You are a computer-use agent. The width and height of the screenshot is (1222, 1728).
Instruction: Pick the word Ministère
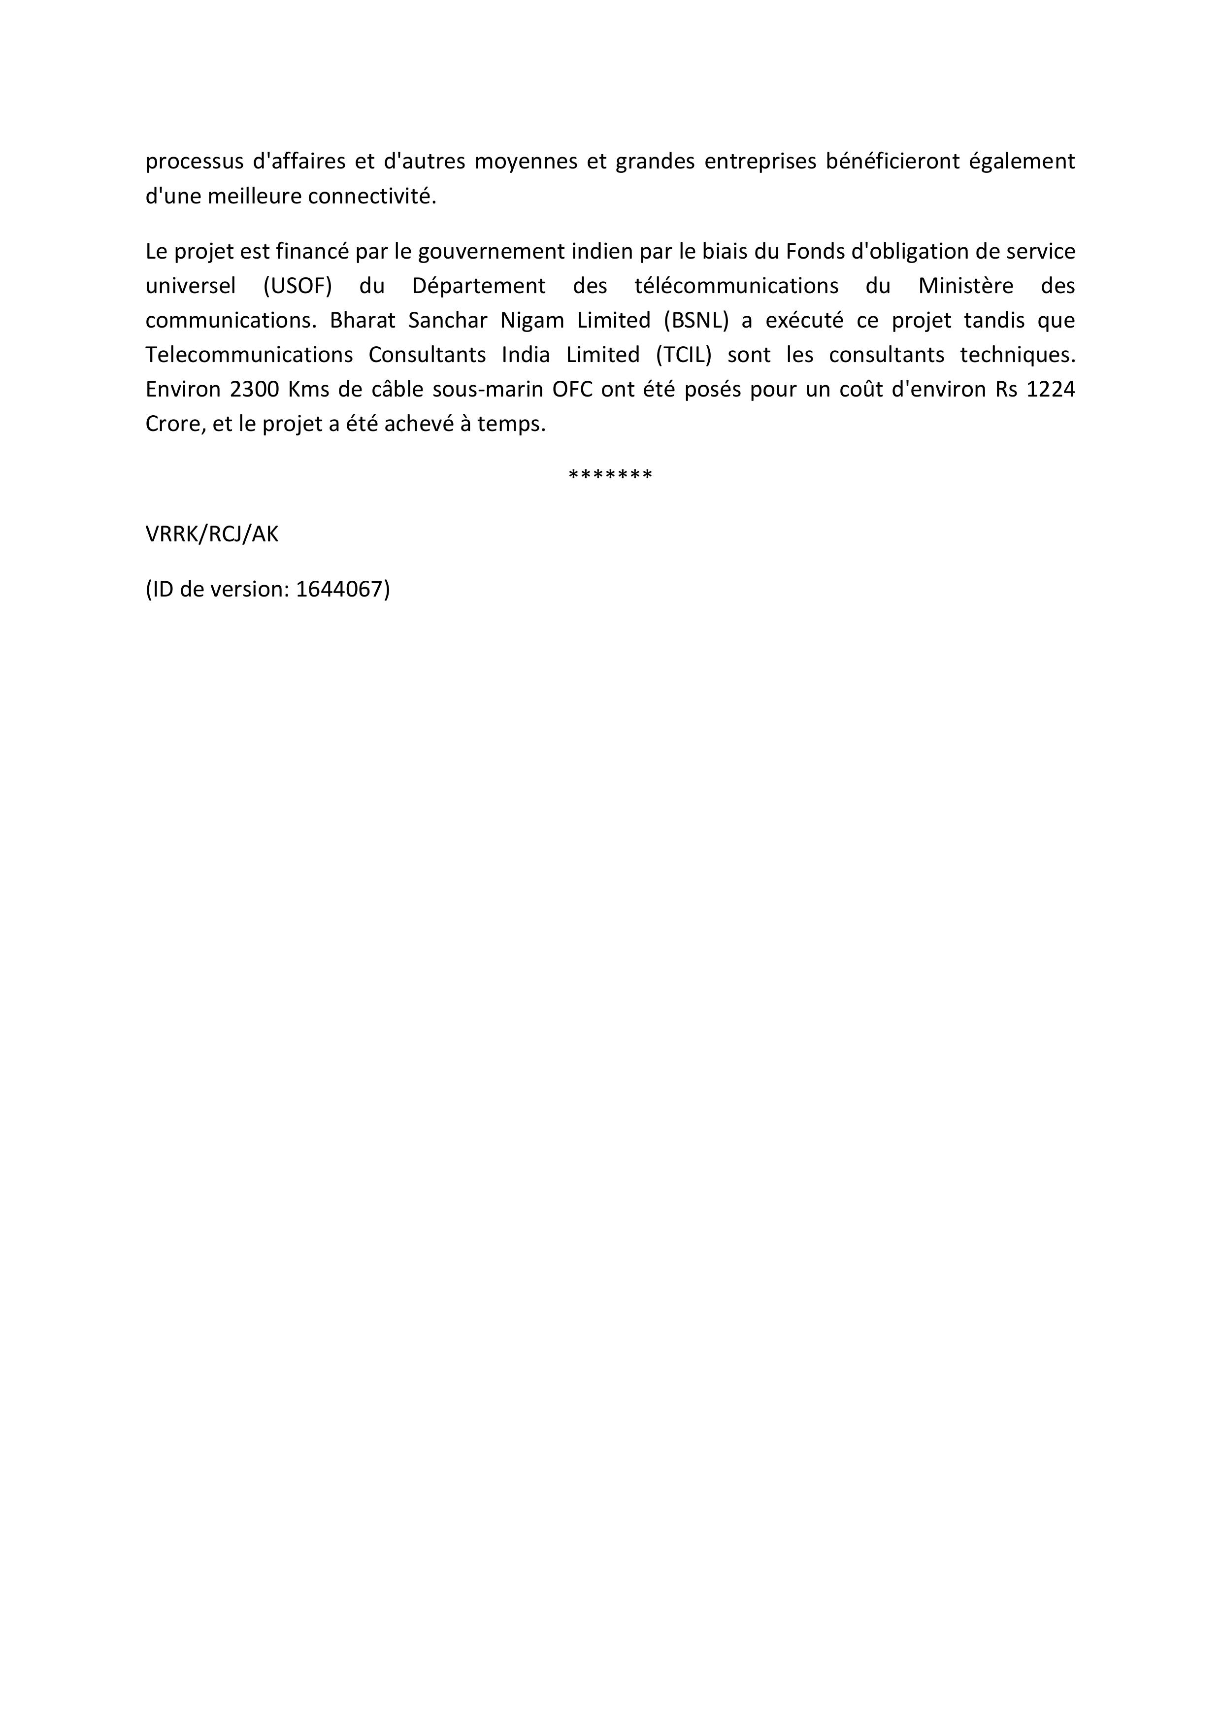tap(965, 286)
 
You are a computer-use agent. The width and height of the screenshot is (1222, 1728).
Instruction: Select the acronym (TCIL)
tap(683, 355)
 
